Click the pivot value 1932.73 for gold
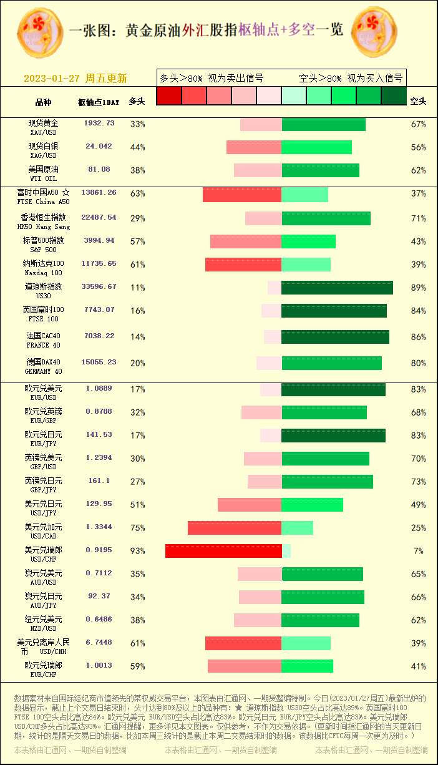[x=99, y=124]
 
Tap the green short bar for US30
[x=337, y=288]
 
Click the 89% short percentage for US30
[x=418, y=288]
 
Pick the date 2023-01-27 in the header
[x=52, y=79]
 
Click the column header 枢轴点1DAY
[x=99, y=102]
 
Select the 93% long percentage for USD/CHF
[x=137, y=551]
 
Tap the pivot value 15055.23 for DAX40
[x=99, y=362]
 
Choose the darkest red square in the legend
[x=168, y=95]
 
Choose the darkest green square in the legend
[x=394, y=95]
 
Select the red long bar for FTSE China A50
[x=242, y=195]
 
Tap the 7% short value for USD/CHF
[x=418, y=551]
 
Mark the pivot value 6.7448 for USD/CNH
[x=99, y=642]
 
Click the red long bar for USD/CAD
[x=235, y=528]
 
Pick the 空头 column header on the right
[x=418, y=101]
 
